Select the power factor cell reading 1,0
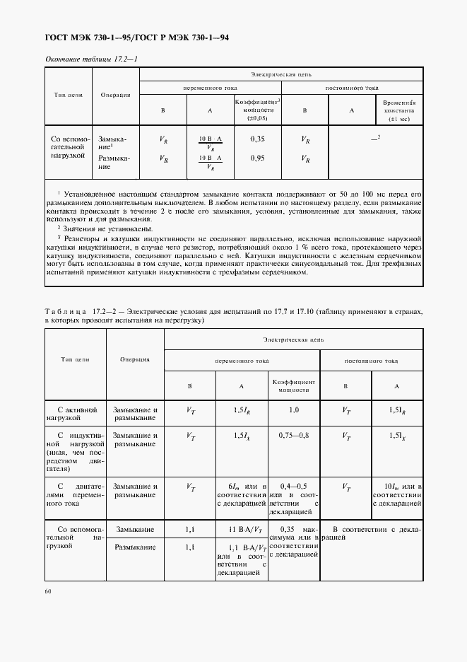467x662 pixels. [x=293, y=410]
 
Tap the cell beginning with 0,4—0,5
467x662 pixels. [x=293, y=499]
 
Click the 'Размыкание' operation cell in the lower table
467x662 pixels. [x=135, y=547]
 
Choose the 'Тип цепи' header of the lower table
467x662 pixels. [x=75, y=359]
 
